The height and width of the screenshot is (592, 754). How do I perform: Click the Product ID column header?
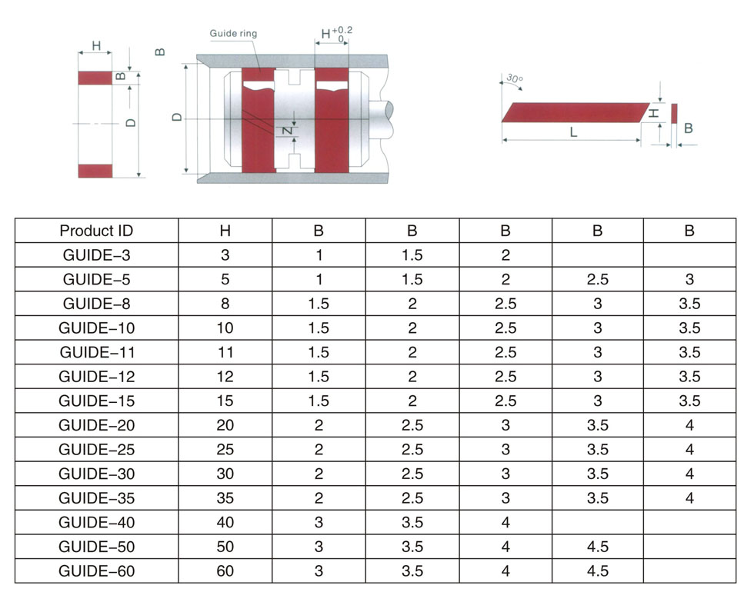(x=96, y=231)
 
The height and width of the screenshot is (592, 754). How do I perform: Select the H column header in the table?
(x=225, y=231)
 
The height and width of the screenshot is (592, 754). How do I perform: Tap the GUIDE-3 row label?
(x=96, y=255)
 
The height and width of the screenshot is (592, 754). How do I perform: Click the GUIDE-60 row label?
(x=96, y=570)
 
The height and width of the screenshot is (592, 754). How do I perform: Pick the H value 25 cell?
(x=225, y=449)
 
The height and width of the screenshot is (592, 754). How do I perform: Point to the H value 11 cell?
(x=225, y=352)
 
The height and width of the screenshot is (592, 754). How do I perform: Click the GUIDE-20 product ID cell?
(x=96, y=425)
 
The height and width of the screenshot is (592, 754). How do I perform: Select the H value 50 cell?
(x=225, y=547)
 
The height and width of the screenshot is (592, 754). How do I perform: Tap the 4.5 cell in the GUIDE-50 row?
(x=598, y=547)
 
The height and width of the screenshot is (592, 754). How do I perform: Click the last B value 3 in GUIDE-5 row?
(x=689, y=279)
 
